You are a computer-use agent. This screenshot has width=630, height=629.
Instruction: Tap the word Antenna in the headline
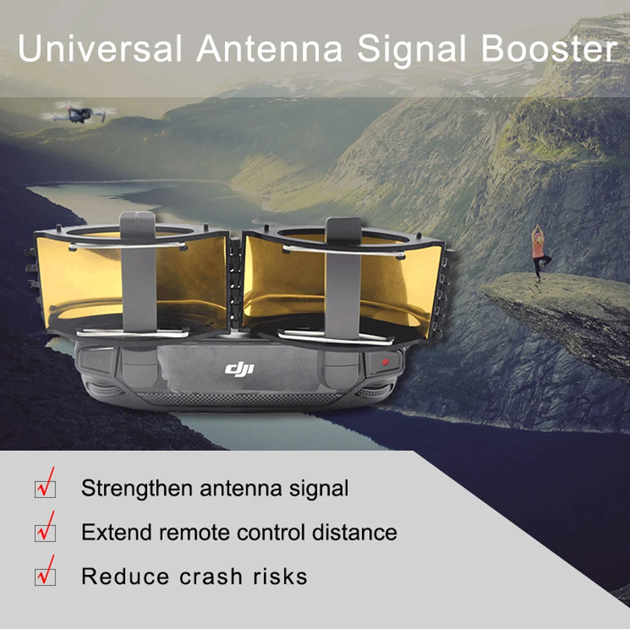point(270,48)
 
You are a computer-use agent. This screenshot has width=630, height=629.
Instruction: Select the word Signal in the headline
point(412,51)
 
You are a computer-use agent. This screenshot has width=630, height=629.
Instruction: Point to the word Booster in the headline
point(549,48)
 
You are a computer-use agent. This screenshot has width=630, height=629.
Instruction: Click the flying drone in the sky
point(79,113)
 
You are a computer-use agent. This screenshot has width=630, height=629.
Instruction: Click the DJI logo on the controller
point(240,369)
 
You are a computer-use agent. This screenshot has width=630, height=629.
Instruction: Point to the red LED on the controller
point(385,362)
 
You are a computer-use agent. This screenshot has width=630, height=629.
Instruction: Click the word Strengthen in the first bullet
point(137,489)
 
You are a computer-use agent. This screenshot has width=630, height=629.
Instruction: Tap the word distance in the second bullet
point(355,532)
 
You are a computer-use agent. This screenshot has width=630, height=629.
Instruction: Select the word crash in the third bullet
point(211,576)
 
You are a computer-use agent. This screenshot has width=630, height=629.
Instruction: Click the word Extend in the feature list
point(116,532)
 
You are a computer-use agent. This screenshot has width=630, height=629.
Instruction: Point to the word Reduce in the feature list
point(125,576)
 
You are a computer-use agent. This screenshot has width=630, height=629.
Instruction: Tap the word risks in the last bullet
point(280,576)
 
